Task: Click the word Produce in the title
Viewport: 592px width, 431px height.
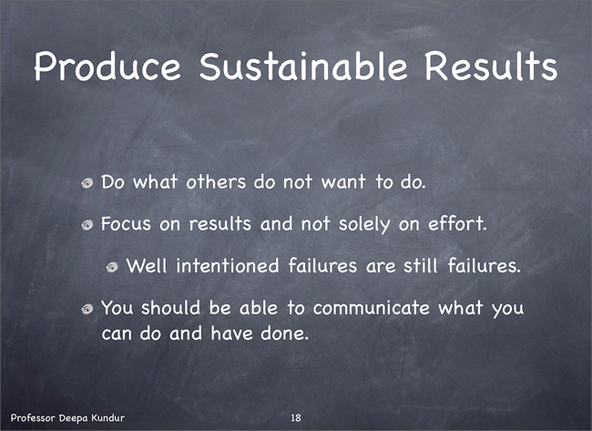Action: pyautogui.click(x=107, y=67)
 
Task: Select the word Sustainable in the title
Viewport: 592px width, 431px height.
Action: pyautogui.click(x=303, y=66)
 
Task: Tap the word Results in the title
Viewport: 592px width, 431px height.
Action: pyautogui.click(x=491, y=66)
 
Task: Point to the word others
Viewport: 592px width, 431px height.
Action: pyautogui.click(x=216, y=181)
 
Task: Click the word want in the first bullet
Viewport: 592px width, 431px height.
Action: pyautogui.click(x=343, y=181)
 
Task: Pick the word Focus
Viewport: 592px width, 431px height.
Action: pyautogui.click(x=126, y=223)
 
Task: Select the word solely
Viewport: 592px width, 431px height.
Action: pyautogui.click(x=364, y=224)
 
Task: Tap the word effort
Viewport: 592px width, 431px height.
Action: pyautogui.click(x=457, y=223)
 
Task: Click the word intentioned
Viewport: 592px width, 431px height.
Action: pyautogui.click(x=228, y=265)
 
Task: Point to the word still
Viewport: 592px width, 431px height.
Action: pyautogui.click(x=421, y=265)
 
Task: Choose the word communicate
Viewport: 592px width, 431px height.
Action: pyautogui.click(x=372, y=307)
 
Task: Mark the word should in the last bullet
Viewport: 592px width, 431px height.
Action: pyautogui.click(x=170, y=307)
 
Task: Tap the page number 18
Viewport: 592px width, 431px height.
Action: pyautogui.click(x=296, y=417)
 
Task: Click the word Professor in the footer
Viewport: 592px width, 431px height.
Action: pyautogui.click(x=34, y=417)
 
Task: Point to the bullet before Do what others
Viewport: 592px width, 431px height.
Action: pyautogui.click(x=87, y=183)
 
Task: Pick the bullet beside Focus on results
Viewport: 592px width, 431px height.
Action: pyautogui.click(x=87, y=225)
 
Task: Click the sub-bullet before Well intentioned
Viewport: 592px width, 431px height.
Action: pyautogui.click(x=112, y=268)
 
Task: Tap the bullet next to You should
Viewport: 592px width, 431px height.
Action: pyautogui.click(x=87, y=310)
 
